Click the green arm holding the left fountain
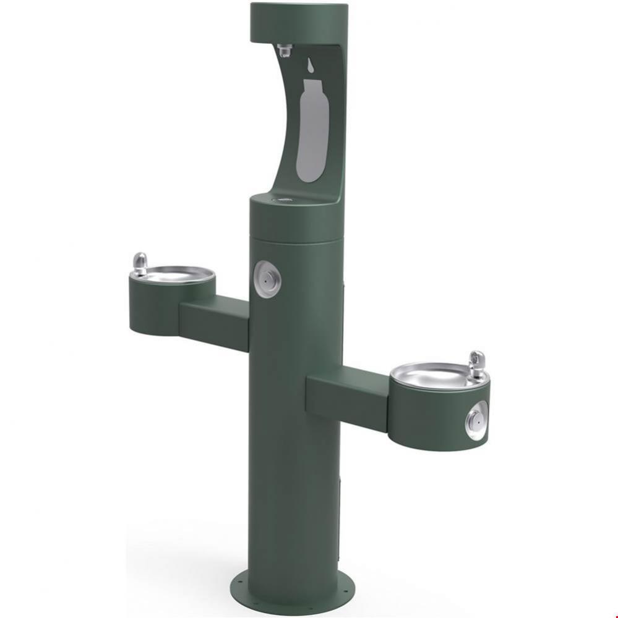(213, 321)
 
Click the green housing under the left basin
(155, 309)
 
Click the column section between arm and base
(291, 494)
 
